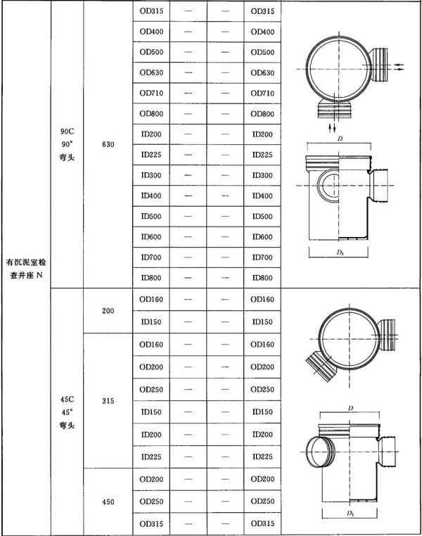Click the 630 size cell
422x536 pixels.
tap(108, 145)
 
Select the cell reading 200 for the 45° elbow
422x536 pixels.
tap(108, 311)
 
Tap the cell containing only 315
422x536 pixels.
tap(108, 401)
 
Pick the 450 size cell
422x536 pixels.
tap(108, 502)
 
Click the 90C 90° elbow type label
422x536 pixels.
tap(67, 145)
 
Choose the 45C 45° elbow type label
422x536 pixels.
tap(67, 412)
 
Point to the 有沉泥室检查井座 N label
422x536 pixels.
tap(26, 269)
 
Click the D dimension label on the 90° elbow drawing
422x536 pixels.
tap(340, 139)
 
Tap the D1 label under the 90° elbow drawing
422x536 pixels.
tap(340, 253)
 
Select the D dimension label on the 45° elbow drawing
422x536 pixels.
tap(350, 408)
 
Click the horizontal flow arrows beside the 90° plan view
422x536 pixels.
tap(398, 67)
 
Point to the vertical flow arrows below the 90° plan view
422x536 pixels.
tap(332, 128)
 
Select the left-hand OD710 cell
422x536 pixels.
tap(151, 93)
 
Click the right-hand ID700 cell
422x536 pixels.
tap(262, 257)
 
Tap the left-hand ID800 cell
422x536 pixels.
tap(151, 278)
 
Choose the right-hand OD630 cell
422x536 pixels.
tap(262, 73)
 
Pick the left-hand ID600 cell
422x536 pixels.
tap(151, 237)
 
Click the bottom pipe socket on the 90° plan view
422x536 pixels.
tap(335, 110)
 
